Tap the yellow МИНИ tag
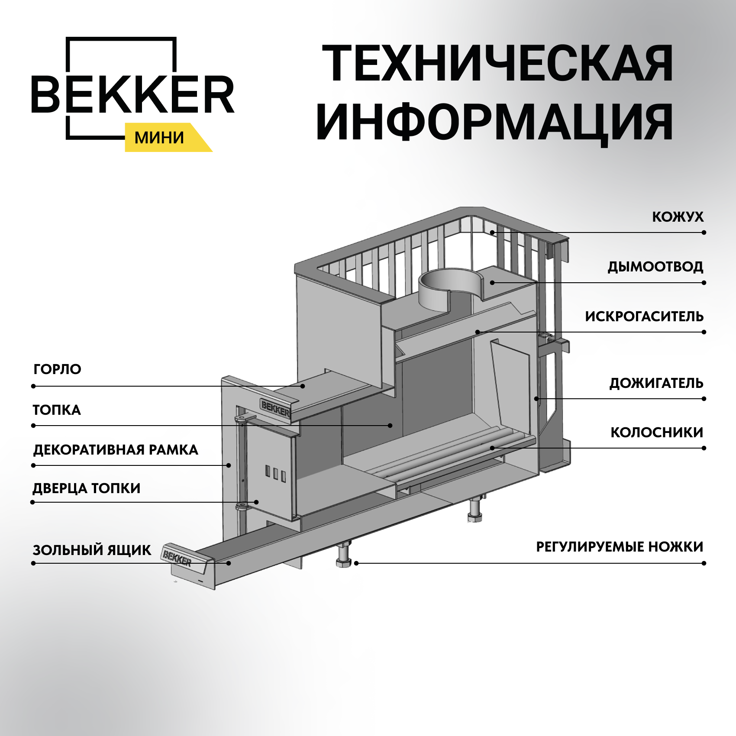[x=159, y=138]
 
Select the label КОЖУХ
[x=678, y=217]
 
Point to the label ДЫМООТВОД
[x=655, y=267]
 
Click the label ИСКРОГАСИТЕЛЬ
[x=644, y=316]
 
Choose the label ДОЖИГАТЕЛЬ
[x=656, y=383]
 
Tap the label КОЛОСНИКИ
[x=656, y=432]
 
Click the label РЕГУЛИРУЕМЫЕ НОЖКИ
[x=619, y=547]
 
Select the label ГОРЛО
[x=57, y=369]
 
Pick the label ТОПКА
[x=57, y=410]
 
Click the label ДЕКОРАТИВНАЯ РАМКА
[x=116, y=450]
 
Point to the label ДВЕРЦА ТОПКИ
[x=87, y=488]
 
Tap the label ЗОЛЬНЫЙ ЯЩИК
[x=92, y=550]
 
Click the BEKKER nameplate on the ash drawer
[x=177, y=557]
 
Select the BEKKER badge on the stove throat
[x=275, y=408]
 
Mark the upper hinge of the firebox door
[x=243, y=419]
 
